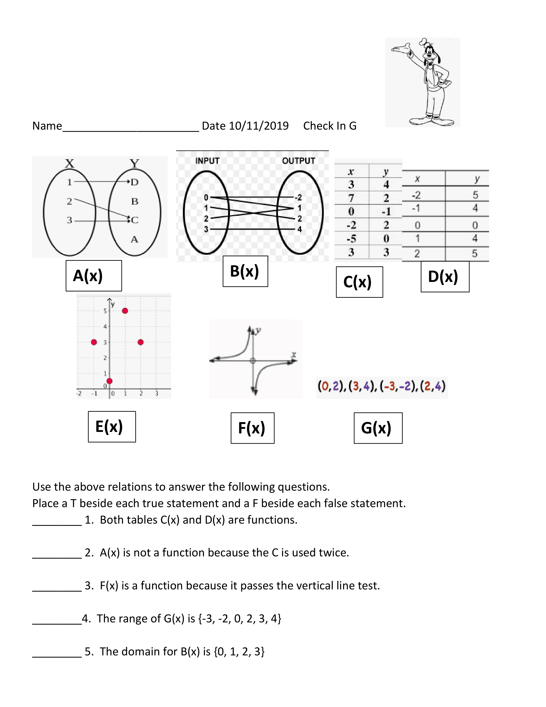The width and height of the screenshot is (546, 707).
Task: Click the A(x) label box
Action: [x=94, y=276]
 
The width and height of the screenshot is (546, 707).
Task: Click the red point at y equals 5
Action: [x=125, y=311]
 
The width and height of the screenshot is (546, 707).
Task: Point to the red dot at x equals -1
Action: [x=94, y=342]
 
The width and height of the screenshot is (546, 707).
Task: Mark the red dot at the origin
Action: [x=109, y=381]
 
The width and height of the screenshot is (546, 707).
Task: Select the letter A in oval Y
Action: [x=134, y=240]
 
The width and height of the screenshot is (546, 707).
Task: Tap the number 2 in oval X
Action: [x=69, y=201]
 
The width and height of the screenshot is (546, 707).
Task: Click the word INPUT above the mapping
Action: [x=207, y=161]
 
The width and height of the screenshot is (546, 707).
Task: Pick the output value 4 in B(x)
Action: [x=300, y=229]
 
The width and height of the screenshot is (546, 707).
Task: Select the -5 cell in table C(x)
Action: [x=351, y=239]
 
